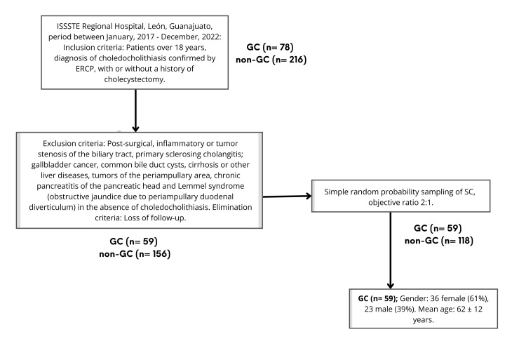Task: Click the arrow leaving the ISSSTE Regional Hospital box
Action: pos(134,109)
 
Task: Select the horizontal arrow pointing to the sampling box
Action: pos(288,196)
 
